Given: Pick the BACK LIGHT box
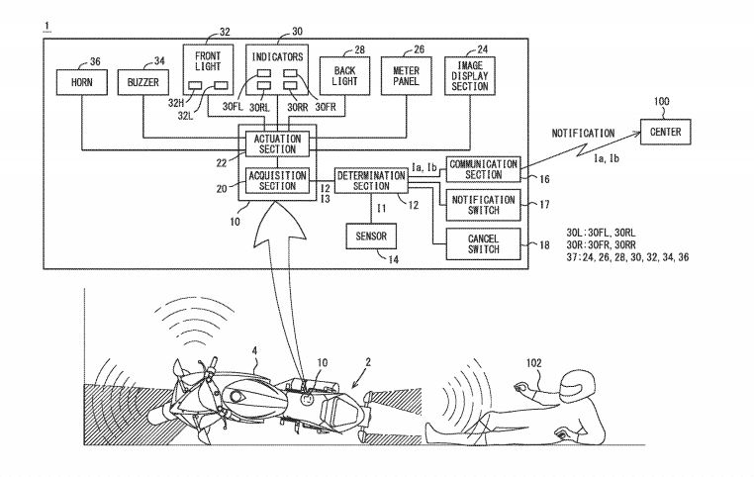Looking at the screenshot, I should (x=343, y=76).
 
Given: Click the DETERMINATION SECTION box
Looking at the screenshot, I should (x=370, y=179).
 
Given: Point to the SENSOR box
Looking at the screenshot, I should (x=370, y=237).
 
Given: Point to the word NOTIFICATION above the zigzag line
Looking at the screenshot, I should (x=583, y=133).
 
